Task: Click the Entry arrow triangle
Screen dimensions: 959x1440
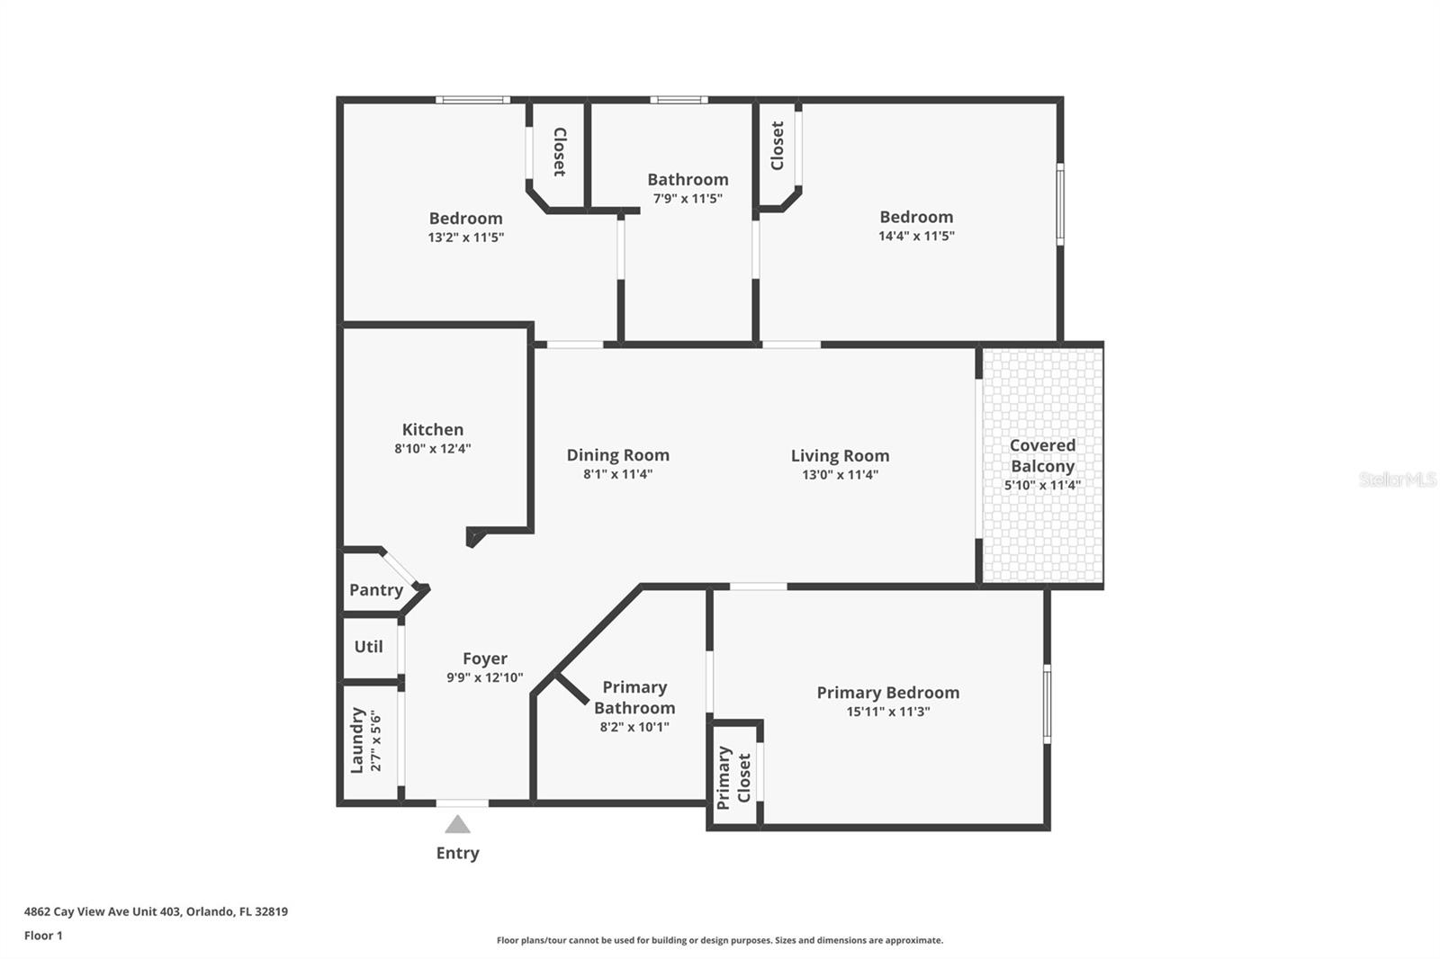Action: click(457, 824)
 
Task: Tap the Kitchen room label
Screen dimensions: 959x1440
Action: click(433, 429)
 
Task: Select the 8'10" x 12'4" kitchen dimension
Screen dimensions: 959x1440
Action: click(433, 448)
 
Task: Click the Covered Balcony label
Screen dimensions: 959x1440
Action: click(1042, 455)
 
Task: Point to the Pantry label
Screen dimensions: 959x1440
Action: click(376, 590)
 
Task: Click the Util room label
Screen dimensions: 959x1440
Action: click(368, 646)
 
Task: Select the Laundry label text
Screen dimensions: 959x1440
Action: click(357, 739)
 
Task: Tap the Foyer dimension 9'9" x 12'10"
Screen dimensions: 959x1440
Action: click(484, 677)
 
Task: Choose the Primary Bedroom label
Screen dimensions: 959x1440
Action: click(887, 692)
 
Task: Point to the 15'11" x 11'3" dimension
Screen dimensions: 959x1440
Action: click(887, 712)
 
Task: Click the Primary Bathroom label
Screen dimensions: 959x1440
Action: click(634, 697)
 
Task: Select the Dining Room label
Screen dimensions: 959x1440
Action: click(617, 455)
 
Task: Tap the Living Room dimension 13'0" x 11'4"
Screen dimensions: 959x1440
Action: click(840, 475)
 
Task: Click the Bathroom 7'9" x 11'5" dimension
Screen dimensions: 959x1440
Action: click(688, 199)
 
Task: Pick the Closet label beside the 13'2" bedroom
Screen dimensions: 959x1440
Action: click(559, 151)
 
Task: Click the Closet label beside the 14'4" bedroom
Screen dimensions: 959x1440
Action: click(778, 145)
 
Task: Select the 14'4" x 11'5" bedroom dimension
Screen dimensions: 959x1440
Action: click(916, 236)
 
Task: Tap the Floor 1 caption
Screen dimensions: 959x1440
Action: click(43, 936)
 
